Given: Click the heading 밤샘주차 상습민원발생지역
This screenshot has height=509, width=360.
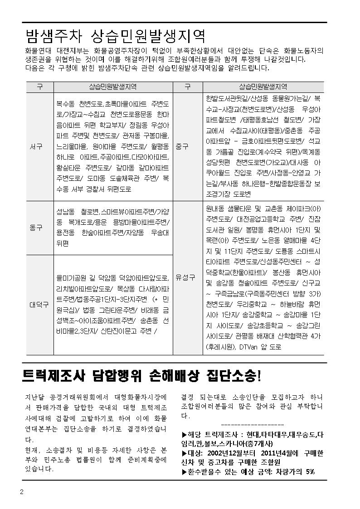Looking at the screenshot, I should point(116,35).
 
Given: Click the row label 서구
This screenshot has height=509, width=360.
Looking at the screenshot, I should point(39,147).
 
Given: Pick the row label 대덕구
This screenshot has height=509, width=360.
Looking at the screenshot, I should point(39,305).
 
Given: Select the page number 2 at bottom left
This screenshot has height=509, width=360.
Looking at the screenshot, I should point(21,492).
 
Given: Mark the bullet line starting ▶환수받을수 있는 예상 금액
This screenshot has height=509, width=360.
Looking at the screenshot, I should point(248,471).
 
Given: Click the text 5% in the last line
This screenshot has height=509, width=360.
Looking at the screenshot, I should point(310,471).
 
